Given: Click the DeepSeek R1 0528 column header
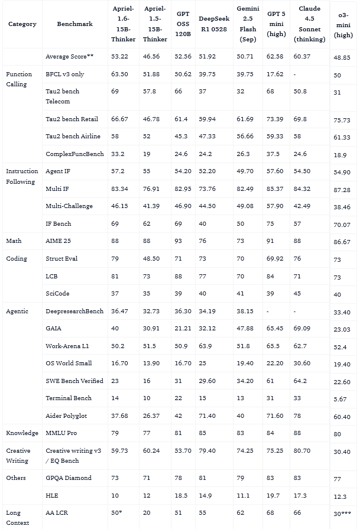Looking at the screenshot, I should tap(213, 24).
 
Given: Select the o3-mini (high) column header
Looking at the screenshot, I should tap(343, 24).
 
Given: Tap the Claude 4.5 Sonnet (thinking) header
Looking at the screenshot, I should tap(309, 24).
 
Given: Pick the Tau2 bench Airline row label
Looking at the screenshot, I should tap(73, 137).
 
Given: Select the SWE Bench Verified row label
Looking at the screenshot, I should tap(74, 381).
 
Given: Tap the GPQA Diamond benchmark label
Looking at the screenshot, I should tap(69, 478).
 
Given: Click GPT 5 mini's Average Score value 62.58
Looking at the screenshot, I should tap(275, 57).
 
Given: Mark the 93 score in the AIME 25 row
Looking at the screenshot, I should tap(179, 241).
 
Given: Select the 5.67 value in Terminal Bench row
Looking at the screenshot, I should tap(340, 399).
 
